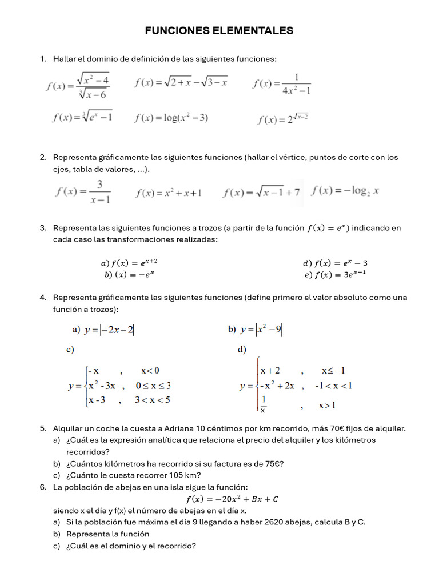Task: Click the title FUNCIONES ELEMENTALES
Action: pos(219,31)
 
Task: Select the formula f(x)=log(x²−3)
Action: pos(171,118)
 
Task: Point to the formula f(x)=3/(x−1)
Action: pos(83,191)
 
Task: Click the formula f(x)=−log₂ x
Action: pos(345,190)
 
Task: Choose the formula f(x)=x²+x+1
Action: pos(168,193)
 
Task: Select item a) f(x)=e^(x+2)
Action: pos(129,263)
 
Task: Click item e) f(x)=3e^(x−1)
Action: pos(336,274)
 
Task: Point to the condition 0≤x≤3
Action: pos(153,386)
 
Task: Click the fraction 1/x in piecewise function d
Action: pos(264,404)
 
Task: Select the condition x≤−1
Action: pos(333,370)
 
